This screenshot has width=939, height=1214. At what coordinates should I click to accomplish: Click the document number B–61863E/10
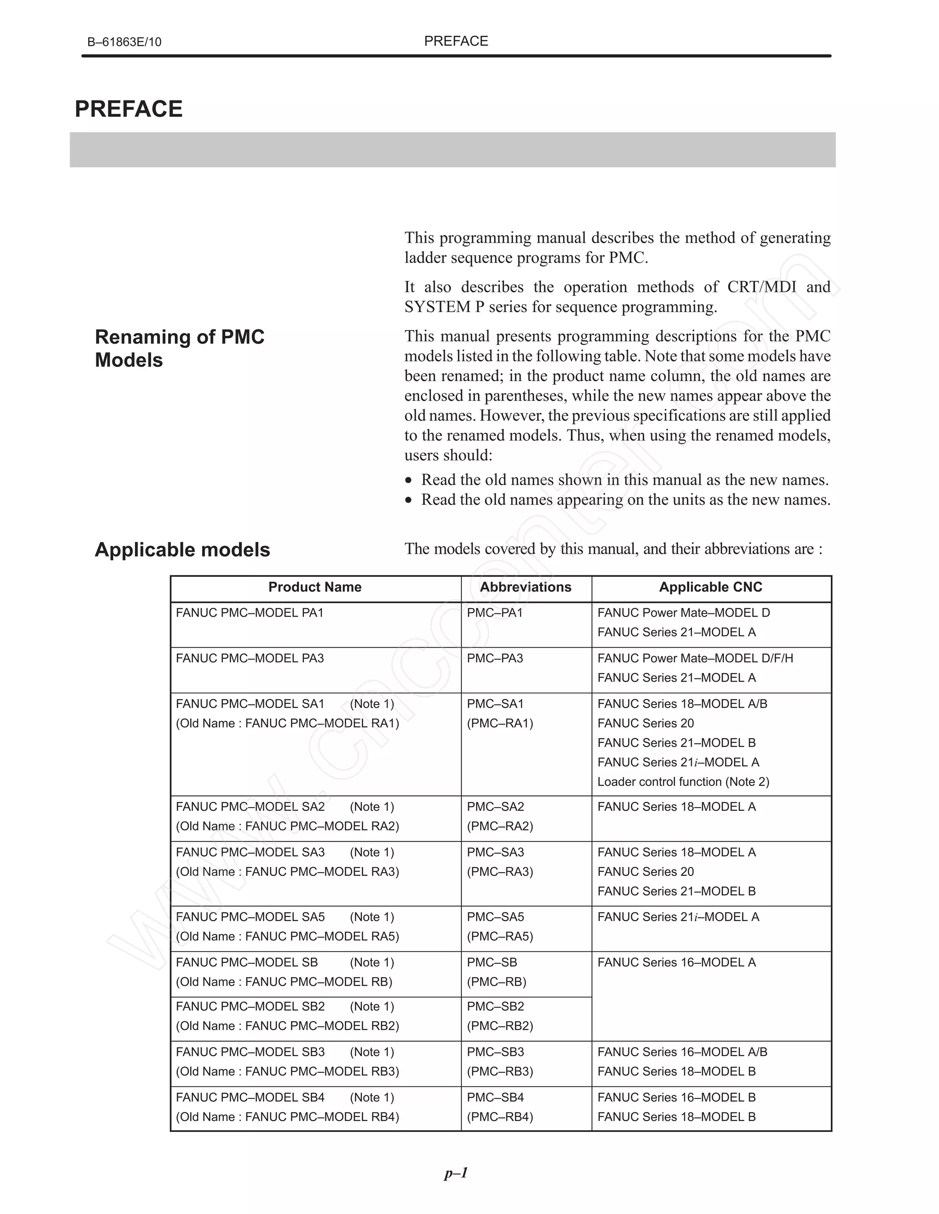(124, 42)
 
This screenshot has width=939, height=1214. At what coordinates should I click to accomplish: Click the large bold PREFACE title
(128, 109)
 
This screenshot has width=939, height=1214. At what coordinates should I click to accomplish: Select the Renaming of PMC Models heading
(179, 349)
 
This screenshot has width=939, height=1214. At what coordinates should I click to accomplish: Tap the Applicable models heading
(182, 550)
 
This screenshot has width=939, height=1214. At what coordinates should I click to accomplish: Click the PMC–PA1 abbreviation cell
(495, 612)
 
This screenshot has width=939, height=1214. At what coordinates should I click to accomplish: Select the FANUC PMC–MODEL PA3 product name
(250, 658)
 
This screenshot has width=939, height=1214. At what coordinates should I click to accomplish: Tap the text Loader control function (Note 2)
(683, 782)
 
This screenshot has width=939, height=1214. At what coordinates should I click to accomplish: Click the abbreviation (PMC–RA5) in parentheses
(500, 937)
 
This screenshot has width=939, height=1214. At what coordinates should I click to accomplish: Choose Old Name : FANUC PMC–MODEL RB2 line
(287, 1026)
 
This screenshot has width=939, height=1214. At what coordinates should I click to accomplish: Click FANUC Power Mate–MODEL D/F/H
(695, 658)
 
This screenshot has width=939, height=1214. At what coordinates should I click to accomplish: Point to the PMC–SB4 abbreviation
(495, 1097)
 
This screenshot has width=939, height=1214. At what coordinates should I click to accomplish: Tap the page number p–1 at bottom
(456, 1173)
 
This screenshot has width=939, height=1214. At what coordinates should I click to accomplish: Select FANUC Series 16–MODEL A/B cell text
(682, 1052)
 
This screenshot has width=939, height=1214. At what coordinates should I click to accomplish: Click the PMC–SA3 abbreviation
(495, 852)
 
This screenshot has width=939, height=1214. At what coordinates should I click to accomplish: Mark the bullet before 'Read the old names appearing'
(409, 500)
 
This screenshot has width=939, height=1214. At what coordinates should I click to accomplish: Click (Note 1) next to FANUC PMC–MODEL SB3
(371, 1052)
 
